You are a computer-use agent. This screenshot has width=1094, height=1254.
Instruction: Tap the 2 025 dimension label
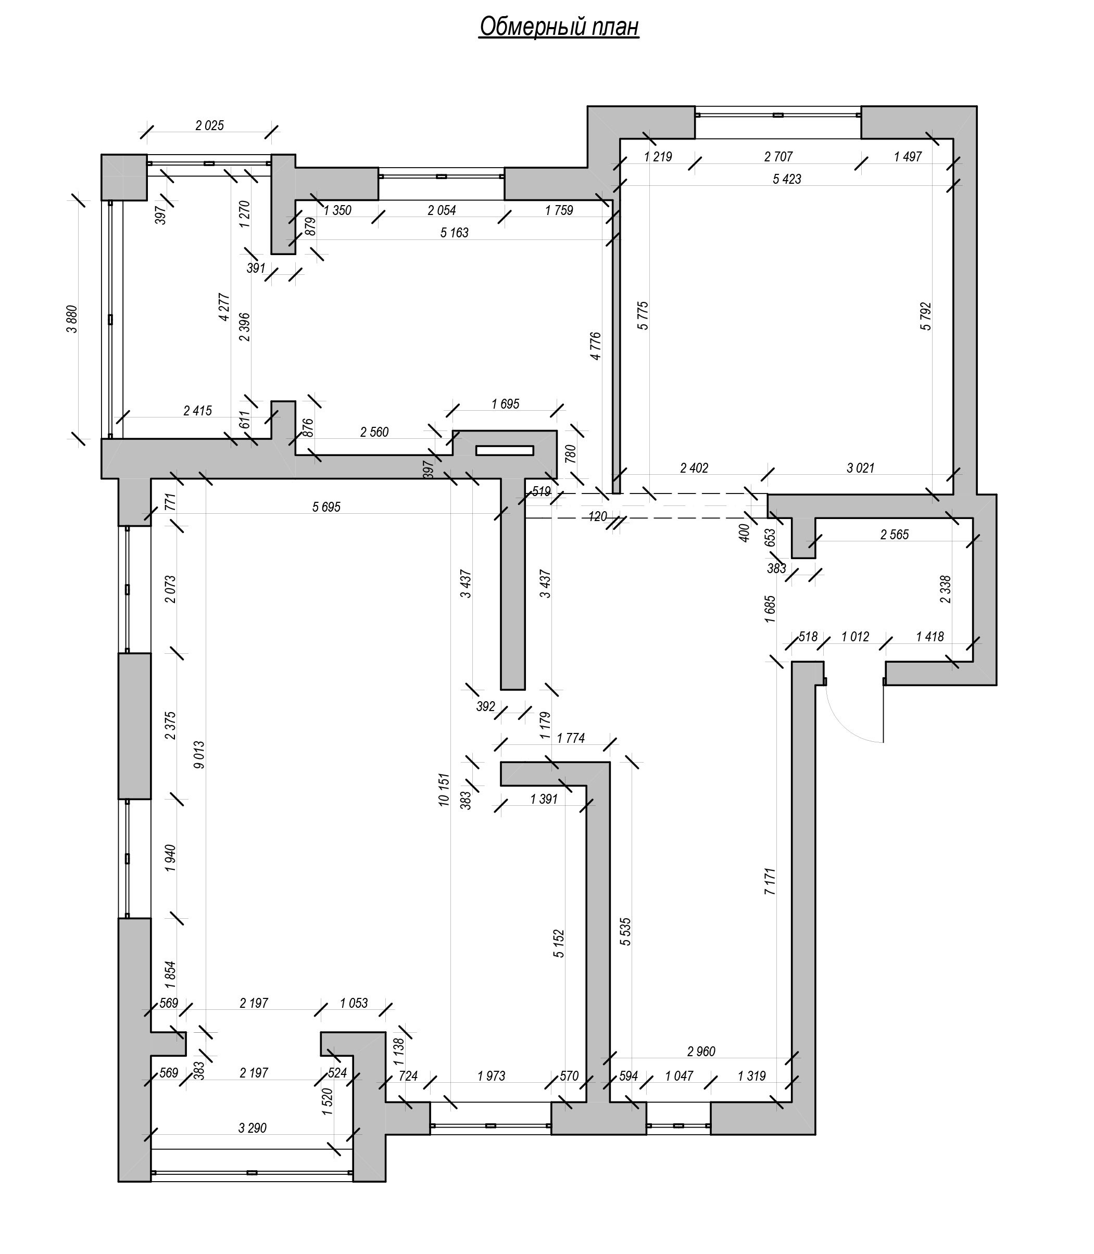point(209,125)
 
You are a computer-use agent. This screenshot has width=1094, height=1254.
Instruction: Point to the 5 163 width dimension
point(454,233)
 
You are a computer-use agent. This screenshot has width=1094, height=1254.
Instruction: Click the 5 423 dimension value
point(786,179)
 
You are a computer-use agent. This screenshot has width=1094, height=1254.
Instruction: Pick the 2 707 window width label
point(778,157)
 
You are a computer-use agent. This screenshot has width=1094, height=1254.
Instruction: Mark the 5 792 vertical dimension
point(926,316)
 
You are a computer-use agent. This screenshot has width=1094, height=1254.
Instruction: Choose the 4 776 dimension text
point(596,346)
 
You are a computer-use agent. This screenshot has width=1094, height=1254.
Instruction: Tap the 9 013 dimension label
point(199,755)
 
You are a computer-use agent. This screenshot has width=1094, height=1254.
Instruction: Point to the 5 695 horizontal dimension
point(326,507)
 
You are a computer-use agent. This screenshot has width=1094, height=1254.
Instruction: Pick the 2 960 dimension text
point(701,1052)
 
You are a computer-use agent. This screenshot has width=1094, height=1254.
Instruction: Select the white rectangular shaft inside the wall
point(505,450)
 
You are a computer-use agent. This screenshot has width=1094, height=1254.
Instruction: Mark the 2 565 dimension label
point(895,535)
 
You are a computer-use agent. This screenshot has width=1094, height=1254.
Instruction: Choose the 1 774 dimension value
point(571,738)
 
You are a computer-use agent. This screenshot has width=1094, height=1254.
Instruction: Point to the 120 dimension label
point(598,517)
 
